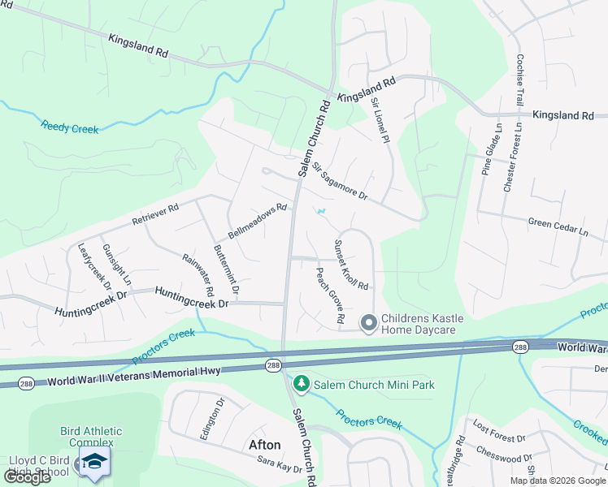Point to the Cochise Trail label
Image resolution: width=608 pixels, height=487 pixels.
519,80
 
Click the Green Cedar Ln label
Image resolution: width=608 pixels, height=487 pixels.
558,226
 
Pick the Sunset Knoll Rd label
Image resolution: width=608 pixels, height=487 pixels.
351,265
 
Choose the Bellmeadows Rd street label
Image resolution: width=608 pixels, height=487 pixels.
258,219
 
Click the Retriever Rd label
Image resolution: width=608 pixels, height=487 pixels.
154,216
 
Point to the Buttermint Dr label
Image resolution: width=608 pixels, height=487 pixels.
226,269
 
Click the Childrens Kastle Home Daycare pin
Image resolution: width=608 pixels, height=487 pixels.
368,323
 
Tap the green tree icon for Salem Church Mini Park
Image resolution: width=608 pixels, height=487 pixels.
302,383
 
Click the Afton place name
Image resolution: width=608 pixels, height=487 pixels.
265,445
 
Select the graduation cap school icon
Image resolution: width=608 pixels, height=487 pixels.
94,461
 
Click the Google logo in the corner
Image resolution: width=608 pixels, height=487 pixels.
27,477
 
